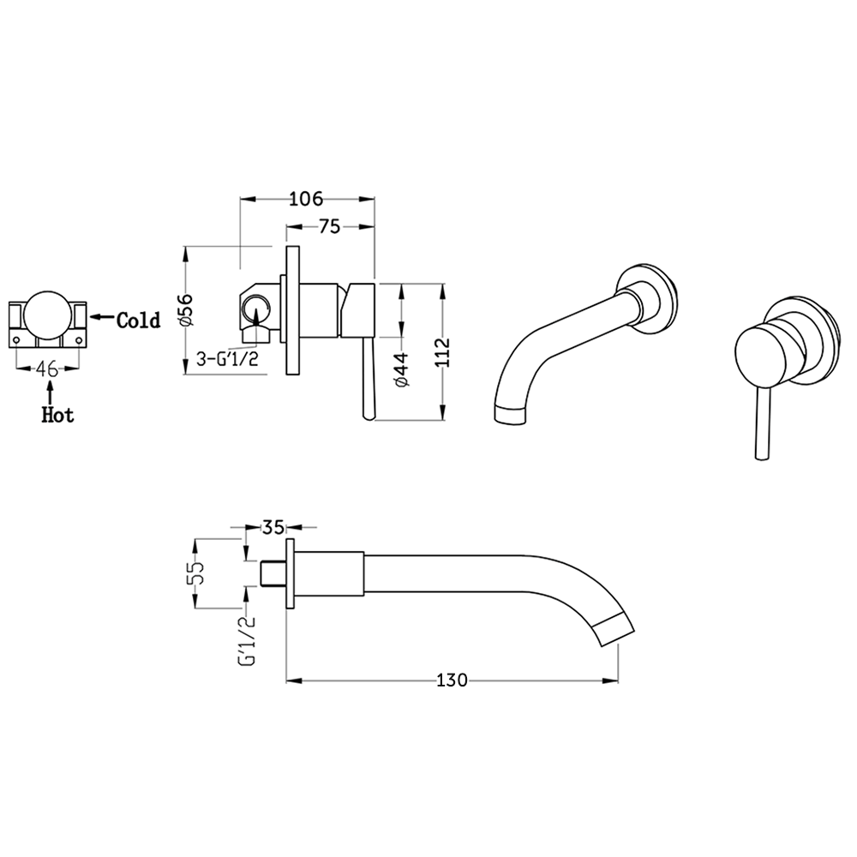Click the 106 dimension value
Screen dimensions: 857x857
coord(305,200)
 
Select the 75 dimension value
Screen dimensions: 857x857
coord(329,227)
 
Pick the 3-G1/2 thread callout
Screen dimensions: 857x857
coord(228,358)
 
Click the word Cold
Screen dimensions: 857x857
coord(138,321)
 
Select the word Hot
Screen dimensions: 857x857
coord(58,416)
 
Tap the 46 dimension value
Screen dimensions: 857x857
coord(47,369)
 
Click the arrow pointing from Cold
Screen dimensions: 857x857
coord(102,318)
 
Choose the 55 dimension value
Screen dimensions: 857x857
coord(197,572)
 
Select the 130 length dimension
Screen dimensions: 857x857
coord(452,680)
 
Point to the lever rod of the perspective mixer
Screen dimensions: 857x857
coord(758,428)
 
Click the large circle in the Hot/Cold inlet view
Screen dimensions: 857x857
coord(47,318)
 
